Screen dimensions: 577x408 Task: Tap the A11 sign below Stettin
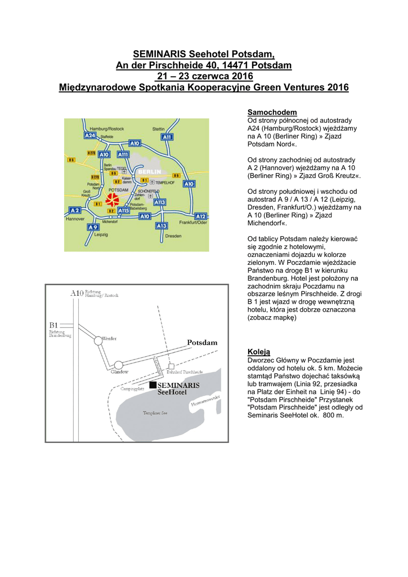click(167, 137)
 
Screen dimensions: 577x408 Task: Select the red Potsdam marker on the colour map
click(112, 199)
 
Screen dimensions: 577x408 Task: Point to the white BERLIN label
click(150, 171)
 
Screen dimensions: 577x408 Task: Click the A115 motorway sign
click(123, 210)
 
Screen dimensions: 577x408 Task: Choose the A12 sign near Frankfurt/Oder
click(200, 216)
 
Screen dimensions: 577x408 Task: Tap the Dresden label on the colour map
click(174, 236)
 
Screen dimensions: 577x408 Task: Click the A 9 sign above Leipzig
click(93, 227)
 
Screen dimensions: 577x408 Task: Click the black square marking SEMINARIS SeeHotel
click(152, 385)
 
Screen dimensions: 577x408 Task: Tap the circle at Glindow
click(119, 365)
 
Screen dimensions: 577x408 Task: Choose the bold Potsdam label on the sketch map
click(202, 343)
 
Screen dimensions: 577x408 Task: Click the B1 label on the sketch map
click(54, 325)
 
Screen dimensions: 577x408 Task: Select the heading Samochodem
click(272, 113)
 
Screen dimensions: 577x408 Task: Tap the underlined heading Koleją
click(259, 352)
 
